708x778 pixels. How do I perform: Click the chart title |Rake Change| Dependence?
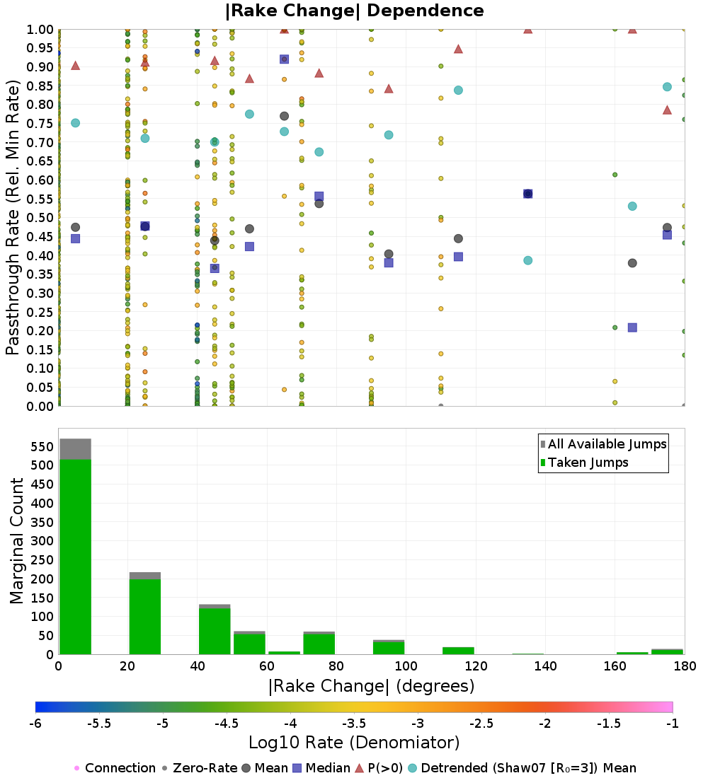coord(354,11)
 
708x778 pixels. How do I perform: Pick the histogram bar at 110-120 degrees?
coord(457,651)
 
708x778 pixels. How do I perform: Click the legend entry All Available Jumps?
coord(607,444)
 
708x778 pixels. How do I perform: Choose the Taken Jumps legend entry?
coord(588,463)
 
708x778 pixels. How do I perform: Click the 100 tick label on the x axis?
coord(406,666)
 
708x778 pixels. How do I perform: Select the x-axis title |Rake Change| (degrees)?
coord(372,686)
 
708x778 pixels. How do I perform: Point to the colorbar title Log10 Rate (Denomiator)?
coord(354,742)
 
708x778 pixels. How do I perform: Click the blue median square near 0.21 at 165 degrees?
coord(632,327)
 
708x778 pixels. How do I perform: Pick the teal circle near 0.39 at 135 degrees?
coord(527,260)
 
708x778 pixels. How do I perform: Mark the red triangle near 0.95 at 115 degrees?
coord(458,50)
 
